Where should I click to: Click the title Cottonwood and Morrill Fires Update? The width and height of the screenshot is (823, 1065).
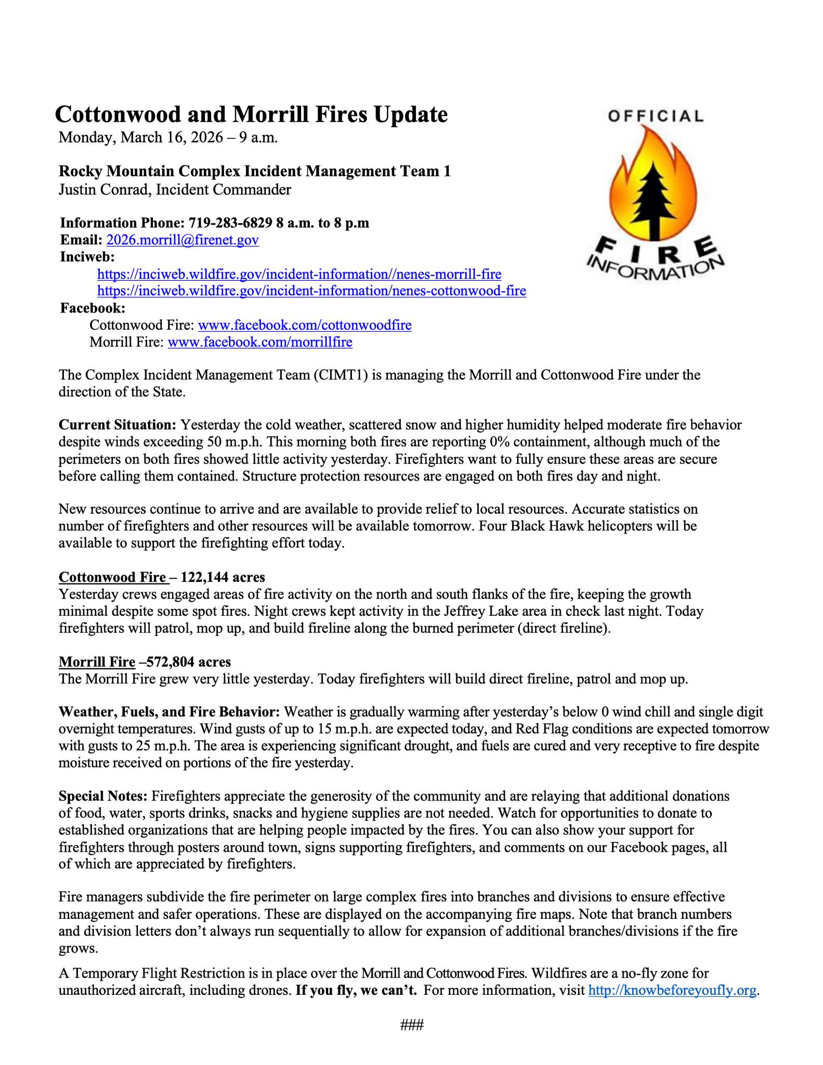(251, 114)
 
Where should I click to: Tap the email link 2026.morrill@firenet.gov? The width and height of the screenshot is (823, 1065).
(182, 240)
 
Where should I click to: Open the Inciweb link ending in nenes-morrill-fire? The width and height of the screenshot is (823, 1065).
(299, 274)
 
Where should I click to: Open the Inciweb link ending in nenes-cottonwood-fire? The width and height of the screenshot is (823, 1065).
(311, 291)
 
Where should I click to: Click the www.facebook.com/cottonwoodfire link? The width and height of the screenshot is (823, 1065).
(305, 325)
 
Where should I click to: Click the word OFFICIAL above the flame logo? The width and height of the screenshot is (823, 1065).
(655, 115)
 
